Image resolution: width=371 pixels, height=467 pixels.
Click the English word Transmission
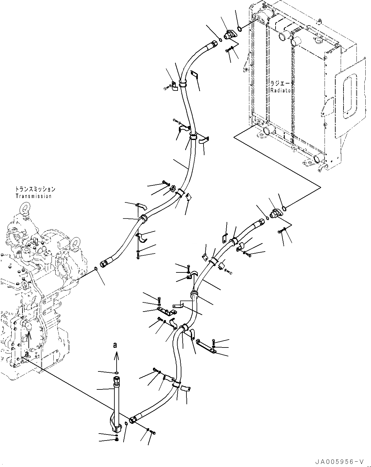click(x=33, y=196)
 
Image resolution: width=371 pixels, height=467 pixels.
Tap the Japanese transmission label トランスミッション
click(x=35, y=189)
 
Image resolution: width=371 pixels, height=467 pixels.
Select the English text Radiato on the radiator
click(x=281, y=90)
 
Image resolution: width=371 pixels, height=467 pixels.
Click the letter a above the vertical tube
click(x=116, y=346)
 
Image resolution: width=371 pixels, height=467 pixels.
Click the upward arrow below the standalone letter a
click(x=116, y=358)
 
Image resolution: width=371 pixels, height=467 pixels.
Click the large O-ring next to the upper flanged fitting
click(x=240, y=30)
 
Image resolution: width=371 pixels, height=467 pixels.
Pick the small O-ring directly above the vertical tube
click(x=117, y=373)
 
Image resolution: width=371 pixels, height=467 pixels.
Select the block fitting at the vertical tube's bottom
click(x=118, y=428)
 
